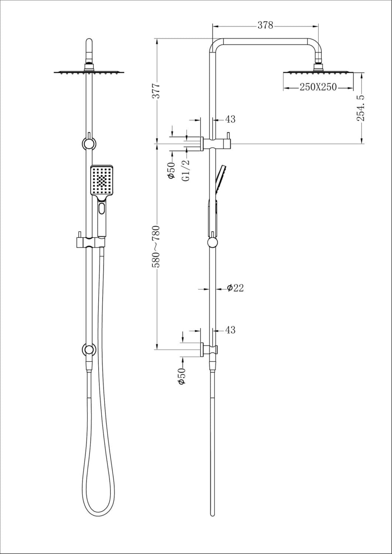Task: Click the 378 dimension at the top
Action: click(x=265, y=25)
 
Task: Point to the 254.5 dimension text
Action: click(x=361, y=108)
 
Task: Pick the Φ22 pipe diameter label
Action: click(x=235, y=288)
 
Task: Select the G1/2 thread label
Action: click(x=187, y=170)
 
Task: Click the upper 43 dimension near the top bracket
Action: click(x=230, y=119)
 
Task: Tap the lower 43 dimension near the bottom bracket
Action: click(x=230, y=330)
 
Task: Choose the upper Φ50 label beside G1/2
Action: click(x=171, y=170)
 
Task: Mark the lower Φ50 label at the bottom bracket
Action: click(x=182, y=376)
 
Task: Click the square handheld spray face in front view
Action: click(x=102, y=181)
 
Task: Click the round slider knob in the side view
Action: click(x=212, y=242)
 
